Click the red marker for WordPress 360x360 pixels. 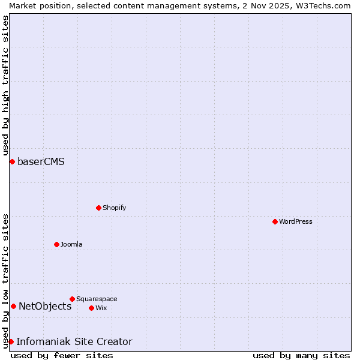pos(275,221)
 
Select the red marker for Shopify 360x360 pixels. pos(98,208)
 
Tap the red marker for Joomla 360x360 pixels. pos(56,244)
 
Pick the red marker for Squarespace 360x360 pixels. pos(72,299)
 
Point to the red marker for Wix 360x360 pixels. pos(91,308)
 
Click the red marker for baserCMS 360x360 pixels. pos(12,161)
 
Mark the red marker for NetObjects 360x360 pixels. pos(13,306)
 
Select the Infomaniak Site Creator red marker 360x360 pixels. pos(11,341)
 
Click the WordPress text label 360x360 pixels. pos(296,221)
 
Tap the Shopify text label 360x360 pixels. pos(114,208)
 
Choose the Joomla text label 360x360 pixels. pos(71,244)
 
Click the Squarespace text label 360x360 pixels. pos(97,299)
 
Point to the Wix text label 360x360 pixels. pos(101,308)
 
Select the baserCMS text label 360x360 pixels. pos(41,161)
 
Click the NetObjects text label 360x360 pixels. pos(45,306)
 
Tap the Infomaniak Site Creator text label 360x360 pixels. pos(74,341)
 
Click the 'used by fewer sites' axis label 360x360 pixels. pos(62,355)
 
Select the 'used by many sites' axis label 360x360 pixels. pos(301,355)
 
